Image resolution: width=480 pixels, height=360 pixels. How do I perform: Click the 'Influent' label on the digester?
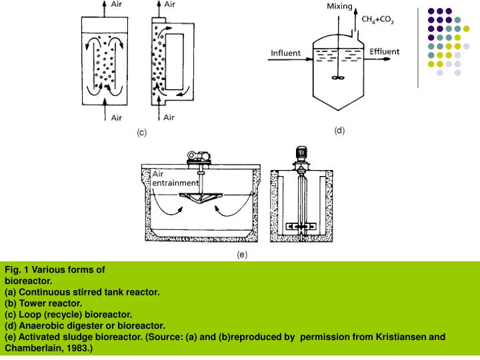point(285,53)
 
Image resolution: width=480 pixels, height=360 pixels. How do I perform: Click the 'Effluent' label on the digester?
point(385,51)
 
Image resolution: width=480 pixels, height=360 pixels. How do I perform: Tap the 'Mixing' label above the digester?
point(339,7)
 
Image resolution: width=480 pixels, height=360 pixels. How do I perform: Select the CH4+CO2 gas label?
point(377,21)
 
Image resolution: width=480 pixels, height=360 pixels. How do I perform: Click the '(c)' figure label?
point(142,133)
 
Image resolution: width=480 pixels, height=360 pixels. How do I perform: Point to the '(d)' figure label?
point(339,131)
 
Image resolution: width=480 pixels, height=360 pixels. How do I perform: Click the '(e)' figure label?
point(243,254)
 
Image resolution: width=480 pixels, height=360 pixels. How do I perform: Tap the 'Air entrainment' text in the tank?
point(175,178)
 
